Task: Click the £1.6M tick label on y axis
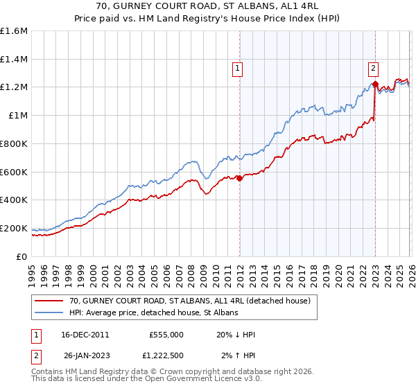click(14, 31)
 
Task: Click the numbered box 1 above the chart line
click(238, 68)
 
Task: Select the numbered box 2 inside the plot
click(373, 68)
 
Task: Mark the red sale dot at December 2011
click(239, 178)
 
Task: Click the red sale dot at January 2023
click(375, 85)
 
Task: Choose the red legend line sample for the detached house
click(49, 301)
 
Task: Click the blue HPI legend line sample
click(49, 313)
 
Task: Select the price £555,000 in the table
click(166, 335)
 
